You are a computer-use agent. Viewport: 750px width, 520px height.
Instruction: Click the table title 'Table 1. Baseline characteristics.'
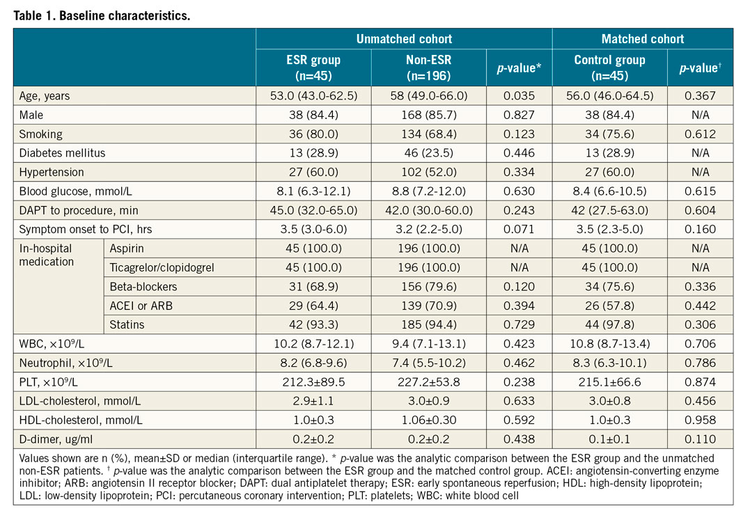click(x=101, y=15)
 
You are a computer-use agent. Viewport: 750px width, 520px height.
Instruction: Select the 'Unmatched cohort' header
click(x=404, y=39)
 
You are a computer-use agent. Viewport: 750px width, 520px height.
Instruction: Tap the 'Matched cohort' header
click(x=642, y=39)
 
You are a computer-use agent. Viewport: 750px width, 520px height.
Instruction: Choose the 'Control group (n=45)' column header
click(x=609, y=68)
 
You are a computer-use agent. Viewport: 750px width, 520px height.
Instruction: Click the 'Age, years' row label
click(x=45, y=96)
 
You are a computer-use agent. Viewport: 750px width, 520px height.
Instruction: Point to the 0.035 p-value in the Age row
click(x=519, y=96)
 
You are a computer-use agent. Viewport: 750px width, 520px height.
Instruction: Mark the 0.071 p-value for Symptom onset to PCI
click(x=519, y=228)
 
